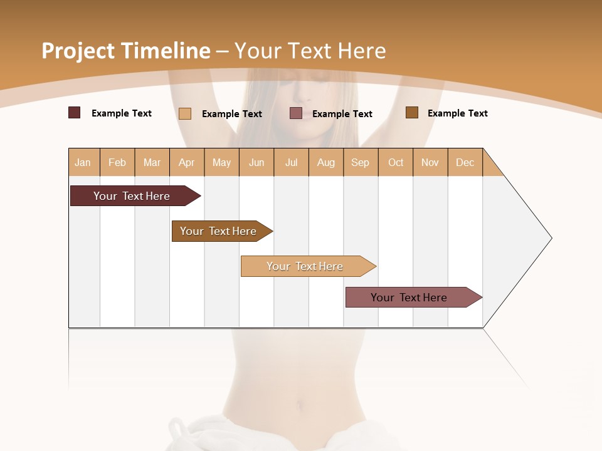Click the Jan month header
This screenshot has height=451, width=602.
[x=83, y=162]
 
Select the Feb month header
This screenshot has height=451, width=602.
[x=117, y=162]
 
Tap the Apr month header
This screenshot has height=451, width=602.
[x=187, y=162]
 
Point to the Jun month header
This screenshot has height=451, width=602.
[x=256, y=162]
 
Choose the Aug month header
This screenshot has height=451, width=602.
[x=325, y=162]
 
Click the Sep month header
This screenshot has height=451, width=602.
[x=361, y=162]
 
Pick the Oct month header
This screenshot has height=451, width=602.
[x=396, y=162]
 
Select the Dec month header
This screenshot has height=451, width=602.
[x=465, y=162]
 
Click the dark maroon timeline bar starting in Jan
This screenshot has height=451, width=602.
[x=132, y=196]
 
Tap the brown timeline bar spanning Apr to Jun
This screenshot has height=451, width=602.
[x=218, y=231]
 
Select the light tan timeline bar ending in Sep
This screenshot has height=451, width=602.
[x=305, y=266]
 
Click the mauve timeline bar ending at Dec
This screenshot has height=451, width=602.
[x=409, y=298]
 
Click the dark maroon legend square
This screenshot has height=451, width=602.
[x=75, y=113]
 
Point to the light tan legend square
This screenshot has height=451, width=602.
[x=185, y=113]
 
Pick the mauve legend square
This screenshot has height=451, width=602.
[x=296, y=113]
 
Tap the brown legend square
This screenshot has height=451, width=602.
[x=412, y=113]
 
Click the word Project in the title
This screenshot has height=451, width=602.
[x=78, y=51]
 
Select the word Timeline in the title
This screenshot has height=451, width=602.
[x=166, y=51]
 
